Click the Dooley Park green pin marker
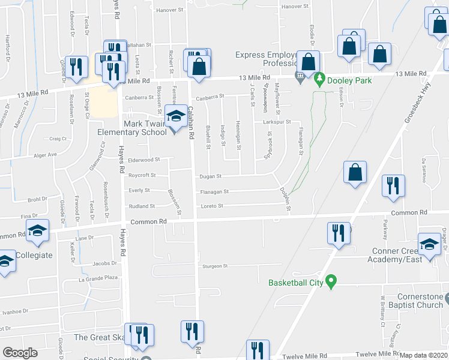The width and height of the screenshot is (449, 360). tap(320, 79)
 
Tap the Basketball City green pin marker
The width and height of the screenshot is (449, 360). tap(331, 281)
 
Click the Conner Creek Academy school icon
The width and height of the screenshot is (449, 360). tap(430, 244)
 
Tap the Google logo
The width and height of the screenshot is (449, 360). tap(20, 352)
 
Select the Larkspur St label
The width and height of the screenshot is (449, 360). tap(277, 122)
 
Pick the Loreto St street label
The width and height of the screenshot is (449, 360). tap(211, 206)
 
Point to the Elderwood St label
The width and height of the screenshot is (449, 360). tap(145, 160)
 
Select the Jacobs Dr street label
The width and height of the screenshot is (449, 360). tap(104, 263)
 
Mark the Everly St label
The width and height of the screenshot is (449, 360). tap(139, 191)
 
